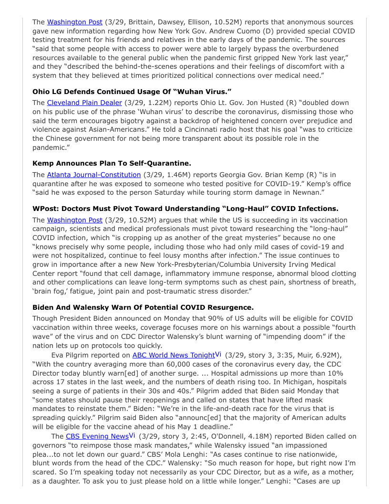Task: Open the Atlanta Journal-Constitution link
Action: pos(94,175)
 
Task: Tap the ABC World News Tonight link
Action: pos(174,355)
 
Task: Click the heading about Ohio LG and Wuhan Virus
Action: pos(125,91)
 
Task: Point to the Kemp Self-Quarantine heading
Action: pos(112,163)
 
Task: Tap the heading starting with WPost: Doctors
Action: pos(185,209)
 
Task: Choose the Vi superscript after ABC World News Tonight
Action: pos(218,354)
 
